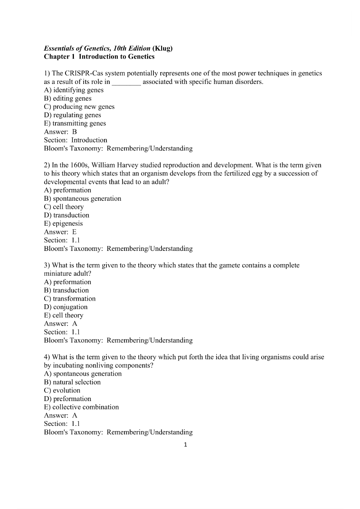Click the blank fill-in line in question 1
pyautogui.click(x=126, y=82)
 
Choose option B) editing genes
pyautogui.click(x=67, y=98)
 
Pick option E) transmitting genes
pyautogui.click(x=75, y=124)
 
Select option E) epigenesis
pyautogui.click(x=63, y=224)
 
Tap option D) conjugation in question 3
pyautogui.click(x=65, y=307)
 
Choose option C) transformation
pyautogui.click(x=70, y=299)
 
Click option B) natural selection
pyautogui.click(x=72, y=382)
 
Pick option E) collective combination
pyautogui.click(x=81, y=407)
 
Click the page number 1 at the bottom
pyautogui.click(x=185, y=444)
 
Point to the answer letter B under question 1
pyautogui.click(x=74, y=132)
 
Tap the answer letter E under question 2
pyautogui.click(x=74, y=232)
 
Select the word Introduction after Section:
pyautogui.click(x=89, y=140)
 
